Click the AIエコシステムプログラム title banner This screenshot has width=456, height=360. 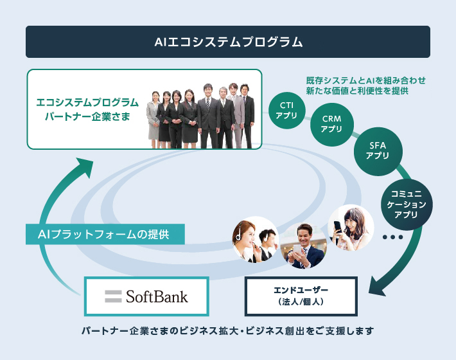pos(228,42)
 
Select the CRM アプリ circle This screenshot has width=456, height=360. pos(331,123)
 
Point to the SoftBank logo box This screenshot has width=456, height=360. pos(146,296)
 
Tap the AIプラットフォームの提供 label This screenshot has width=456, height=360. pos(105,234)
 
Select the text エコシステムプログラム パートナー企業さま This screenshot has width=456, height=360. pos(87,109)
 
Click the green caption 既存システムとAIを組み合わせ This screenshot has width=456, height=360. pos(366,82)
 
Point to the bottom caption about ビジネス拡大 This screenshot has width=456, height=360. pos(227,332)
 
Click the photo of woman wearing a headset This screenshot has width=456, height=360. pos(256,239)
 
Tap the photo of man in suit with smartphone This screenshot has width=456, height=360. pos(304,246)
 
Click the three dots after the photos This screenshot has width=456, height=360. pos(392,237)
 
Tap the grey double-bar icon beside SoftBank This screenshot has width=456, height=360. pos(114,296)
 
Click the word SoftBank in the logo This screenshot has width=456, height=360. pos(157,296)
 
